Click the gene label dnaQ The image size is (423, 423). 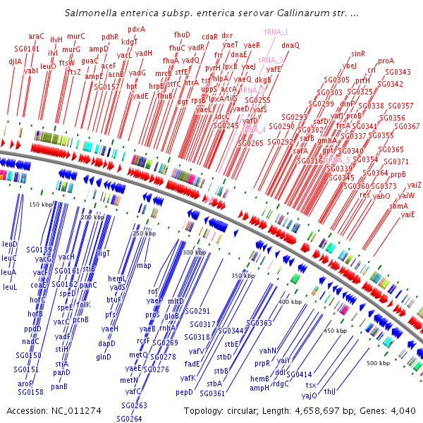tap(290, 45)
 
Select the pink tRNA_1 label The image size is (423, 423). tap(276, 32)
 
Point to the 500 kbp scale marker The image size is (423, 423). tap(378, 363)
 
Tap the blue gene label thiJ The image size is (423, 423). tap(330, 391)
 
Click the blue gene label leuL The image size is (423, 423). tap(10, 287)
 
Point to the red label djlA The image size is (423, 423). tap(15, 61)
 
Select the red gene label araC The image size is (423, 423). tap(36, 36)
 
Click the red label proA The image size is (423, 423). tap(386, 61)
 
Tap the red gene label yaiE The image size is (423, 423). tap(408, 214)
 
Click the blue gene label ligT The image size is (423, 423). tap(104, 252)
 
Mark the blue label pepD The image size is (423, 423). tap(184, 392)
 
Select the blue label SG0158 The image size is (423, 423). tap(30, 392)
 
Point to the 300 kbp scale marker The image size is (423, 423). tap(192, 252)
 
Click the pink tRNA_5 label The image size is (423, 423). tap(338, 160)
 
